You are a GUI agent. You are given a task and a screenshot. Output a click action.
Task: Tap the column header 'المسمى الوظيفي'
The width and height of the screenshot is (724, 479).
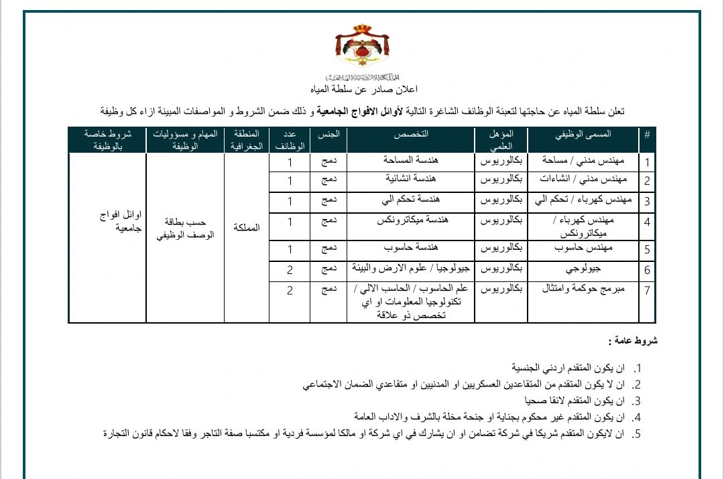pos(583,133)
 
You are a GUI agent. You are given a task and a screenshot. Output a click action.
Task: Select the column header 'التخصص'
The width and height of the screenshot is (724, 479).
pos(410,133)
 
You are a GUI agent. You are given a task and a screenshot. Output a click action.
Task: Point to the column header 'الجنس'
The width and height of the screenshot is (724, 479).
pos(326,133)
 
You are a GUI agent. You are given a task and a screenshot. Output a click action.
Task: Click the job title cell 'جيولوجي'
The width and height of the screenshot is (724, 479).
pos(582,270)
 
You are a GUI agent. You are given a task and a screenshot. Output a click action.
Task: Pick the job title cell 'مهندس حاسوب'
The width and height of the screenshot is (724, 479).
pos(582,249)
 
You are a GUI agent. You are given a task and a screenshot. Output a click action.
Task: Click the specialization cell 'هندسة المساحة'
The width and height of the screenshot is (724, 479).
pos(410,161)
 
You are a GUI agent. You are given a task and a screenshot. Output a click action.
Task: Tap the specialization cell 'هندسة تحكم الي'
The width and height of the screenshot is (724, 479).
pos(410,200)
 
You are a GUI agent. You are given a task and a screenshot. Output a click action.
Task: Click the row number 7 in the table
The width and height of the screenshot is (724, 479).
pos(647,291)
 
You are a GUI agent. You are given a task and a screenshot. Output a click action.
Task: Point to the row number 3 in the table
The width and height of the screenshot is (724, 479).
pos(647,202)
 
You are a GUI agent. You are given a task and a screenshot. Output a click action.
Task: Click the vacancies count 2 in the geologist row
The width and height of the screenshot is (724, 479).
pos(290,270)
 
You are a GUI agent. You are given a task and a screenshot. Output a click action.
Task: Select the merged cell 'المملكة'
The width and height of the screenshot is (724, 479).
pos(246,228)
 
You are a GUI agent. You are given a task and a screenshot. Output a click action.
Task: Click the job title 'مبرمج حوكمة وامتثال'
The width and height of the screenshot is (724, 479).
pos(582,289)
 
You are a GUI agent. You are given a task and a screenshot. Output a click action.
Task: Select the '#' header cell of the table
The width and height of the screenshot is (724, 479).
pos(647,133)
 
